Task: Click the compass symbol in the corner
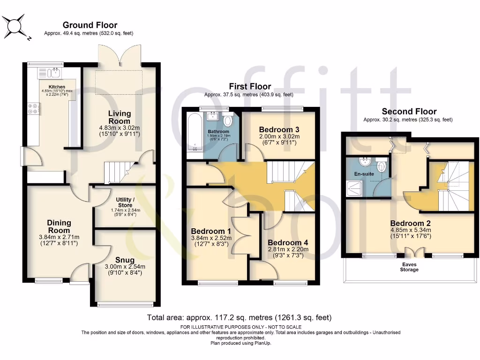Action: tap(15, 25)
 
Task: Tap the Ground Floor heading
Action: tap(90, 25)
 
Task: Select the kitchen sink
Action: tap(51, 73)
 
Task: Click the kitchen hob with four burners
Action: tap(34, 109)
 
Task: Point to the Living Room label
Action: tap(120, 117)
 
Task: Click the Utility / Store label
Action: tap(127, 202)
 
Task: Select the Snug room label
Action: tap(124, 260)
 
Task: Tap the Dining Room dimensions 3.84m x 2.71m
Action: tap(59, 237)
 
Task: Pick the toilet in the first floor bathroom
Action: tap(227, 121)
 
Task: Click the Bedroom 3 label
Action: tap(280, 129)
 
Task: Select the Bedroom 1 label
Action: tap(210, 231)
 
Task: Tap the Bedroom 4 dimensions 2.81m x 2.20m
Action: tap(287, 250)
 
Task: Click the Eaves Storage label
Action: tap(409, 267)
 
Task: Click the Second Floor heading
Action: tap(409, 112)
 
